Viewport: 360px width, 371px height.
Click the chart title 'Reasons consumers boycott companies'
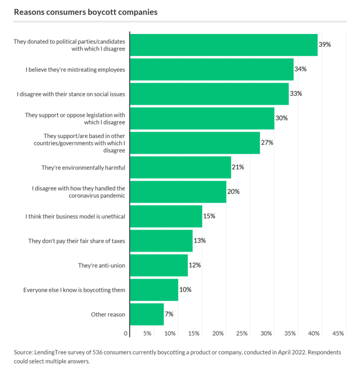click(x=86, y=12)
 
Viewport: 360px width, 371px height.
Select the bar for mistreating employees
click(x=212, y=70)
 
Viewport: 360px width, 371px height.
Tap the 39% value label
click(x=324, y=44)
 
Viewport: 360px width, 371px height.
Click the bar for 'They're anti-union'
click(x=159, y=265)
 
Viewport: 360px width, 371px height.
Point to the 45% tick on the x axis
click(x=338, y=333)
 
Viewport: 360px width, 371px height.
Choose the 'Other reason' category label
click(x=108, y=314)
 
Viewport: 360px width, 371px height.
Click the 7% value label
click(x=169, y=314)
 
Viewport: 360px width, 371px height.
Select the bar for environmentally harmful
click(x=180, y=168)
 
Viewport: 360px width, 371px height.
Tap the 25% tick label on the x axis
click(x=243, y=333)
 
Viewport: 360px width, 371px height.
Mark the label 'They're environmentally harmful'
click(x=83, y=168)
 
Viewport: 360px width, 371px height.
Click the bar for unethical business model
click(x=166, y=216)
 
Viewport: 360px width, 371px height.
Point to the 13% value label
click(x=200, y=241)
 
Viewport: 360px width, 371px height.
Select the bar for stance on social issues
click(x=209, y=94)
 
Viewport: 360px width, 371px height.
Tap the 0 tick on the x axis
click(x=126, y=333)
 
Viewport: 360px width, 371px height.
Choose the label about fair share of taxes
click(x=77, y=241)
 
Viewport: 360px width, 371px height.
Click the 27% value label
click(x=267, y=143)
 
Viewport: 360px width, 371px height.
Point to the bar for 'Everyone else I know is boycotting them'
click(x=154, y=290)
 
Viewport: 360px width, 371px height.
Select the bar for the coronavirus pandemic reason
click(x=178, y=192)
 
